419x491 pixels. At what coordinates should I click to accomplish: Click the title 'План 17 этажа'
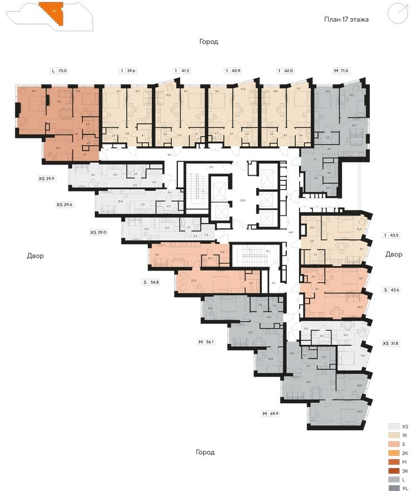click(346, 19)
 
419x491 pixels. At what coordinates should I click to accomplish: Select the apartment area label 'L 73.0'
click(59, 71)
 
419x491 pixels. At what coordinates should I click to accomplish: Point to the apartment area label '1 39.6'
click(128, 71)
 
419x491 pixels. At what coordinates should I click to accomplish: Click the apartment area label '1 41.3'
click(182, 71)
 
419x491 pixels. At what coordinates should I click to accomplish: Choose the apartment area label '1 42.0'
click(286, 71)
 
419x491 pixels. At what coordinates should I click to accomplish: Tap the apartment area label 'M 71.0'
click(341, 71)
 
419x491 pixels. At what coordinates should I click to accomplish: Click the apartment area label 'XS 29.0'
click(99, 232)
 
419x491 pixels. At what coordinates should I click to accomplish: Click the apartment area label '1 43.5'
click(393, 235)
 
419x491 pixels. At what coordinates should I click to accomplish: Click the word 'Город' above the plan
click(209, 42)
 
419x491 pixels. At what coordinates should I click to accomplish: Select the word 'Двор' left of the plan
click(35, 256)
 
